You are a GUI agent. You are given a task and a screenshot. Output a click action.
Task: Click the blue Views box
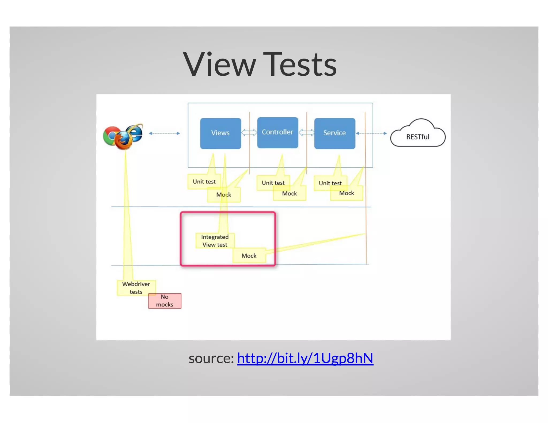(220, 133)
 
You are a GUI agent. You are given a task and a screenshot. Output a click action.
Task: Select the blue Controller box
(277, 132)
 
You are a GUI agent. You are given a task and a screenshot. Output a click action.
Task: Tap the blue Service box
(334, 133)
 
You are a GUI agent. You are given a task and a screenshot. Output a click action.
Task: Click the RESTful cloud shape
(417, 136)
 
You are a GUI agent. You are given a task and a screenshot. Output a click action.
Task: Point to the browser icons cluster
(123, 136)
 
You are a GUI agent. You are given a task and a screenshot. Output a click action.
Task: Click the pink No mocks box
(165, 301)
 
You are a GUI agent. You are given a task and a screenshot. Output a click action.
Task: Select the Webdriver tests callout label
(136, 288)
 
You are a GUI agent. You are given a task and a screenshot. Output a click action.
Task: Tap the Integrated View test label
(215, 241)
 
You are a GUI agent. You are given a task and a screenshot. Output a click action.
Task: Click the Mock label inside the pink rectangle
(249, 256)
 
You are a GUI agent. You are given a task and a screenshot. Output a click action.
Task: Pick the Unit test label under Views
(204, 182)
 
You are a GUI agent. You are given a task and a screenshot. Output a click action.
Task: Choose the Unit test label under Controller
(273, 183)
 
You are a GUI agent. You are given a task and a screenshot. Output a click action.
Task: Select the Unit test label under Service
(330, 183)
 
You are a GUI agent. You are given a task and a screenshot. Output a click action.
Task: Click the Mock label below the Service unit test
(347, 193)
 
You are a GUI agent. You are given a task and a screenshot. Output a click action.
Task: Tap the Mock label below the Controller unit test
(290, 194)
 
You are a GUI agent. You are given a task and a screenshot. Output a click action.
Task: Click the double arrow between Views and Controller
(249, 132)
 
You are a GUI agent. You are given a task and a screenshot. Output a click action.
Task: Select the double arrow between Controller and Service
(306, 132)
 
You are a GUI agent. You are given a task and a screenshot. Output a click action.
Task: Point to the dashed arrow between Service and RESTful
(371, 133)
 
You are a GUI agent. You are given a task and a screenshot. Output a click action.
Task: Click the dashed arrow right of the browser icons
(164, 133)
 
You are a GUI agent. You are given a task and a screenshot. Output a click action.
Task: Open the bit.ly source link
(305, 358)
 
